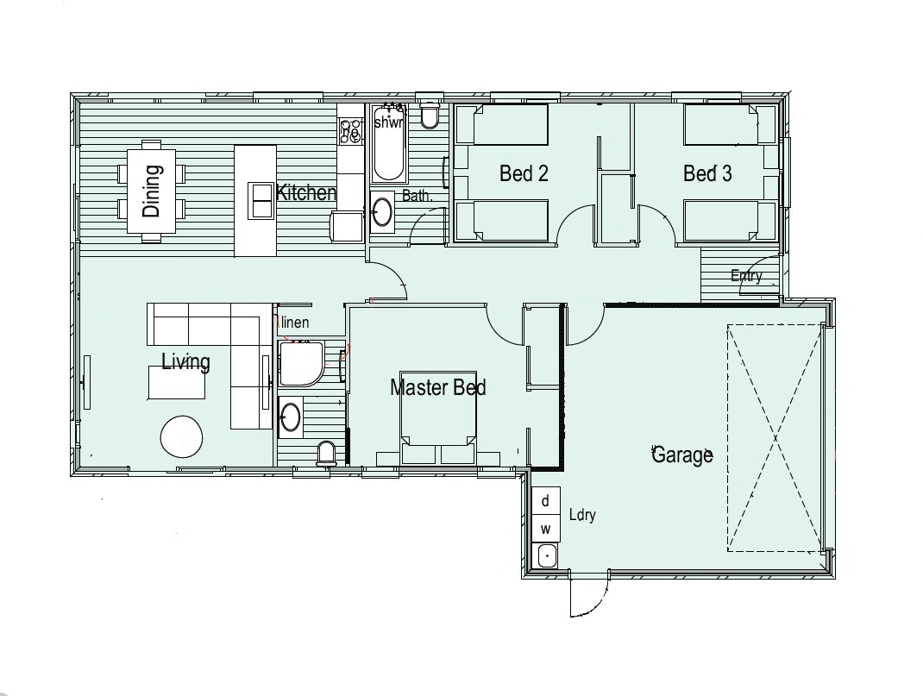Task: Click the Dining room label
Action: (151, 191)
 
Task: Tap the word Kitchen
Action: (306, 192)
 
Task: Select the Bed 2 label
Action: (524, 173)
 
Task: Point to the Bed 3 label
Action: (707, 173)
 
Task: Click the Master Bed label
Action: (438, 388)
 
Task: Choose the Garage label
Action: (683, 455)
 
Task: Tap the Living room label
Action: (186, 362)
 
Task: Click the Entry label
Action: (746, 275)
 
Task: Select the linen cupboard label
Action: (295, 323)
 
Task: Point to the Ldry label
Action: (583, 515)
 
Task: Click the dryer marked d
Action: (546, 501)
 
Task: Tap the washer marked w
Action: (546, 529)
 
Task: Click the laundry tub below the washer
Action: (547, 555)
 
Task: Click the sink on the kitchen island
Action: (260, 201)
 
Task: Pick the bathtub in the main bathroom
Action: (389, 143)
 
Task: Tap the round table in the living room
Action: (181, 436)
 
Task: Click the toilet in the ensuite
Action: (326, 455)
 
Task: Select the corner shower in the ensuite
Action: (301, 363)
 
